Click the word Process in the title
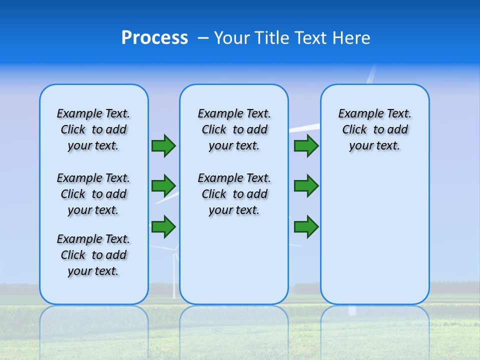154,38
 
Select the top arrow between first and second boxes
163,145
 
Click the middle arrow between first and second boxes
163,186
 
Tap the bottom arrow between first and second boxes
163,226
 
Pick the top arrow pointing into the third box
306,145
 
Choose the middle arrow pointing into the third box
306,186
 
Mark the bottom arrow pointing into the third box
306,227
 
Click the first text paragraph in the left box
93,129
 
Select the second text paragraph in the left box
93,194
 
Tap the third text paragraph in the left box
93,255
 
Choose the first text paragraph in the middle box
234,129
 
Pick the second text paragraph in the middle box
234,194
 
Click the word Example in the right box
356,113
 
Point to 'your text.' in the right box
374,145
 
